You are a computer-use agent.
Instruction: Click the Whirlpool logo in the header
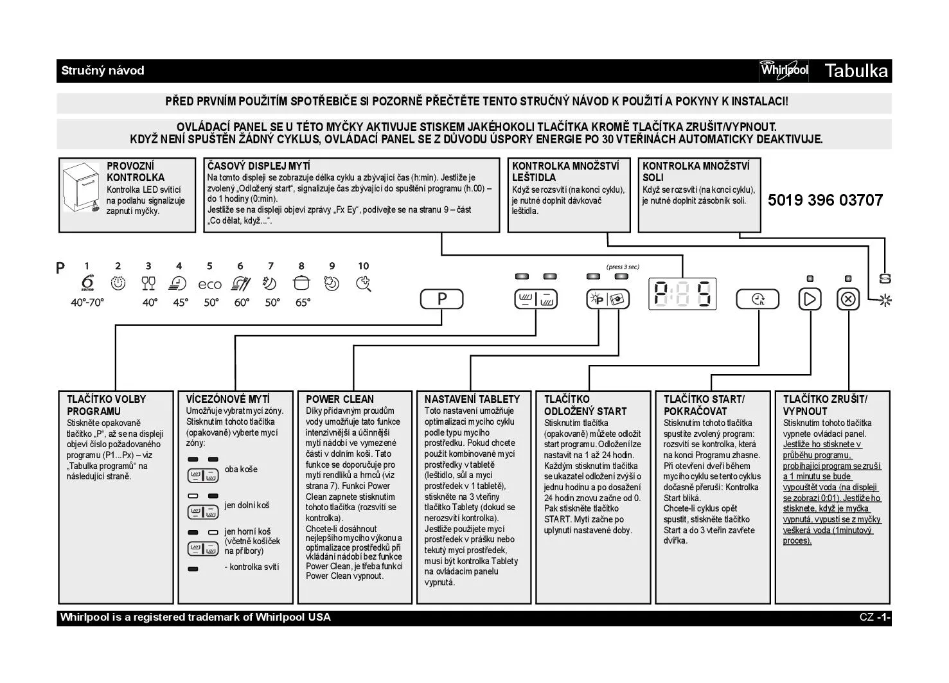pos(784,69)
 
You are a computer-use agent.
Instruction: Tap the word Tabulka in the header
pos(856,71)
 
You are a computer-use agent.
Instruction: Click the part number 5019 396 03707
pos(825,200)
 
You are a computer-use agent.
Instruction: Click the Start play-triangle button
pos(810,299)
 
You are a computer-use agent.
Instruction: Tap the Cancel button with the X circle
pos(848,299)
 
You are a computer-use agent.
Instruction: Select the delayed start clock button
pos(758,299)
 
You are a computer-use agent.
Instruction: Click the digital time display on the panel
pos(682,294)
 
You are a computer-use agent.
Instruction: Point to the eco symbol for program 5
pos(209,284)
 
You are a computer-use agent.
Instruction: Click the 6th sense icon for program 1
pos(87,283)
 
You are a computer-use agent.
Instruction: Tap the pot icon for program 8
pos(301,283)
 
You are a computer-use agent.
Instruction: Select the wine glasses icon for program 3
pos(148,283)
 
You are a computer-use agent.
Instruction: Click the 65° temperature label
pos(302,303)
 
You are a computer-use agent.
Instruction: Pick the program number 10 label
pos(364,266)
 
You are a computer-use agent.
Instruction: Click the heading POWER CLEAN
pos(339,399)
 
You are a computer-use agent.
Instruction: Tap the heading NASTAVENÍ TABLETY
pos(472,399)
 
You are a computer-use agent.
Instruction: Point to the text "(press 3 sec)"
pos(623,267)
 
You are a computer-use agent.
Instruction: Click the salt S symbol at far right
pos(885,279)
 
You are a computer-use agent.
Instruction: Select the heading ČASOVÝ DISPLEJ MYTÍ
pos(258,166)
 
